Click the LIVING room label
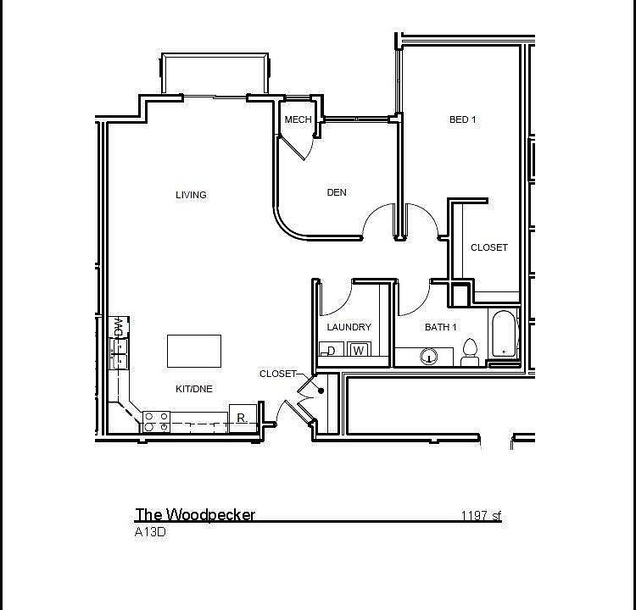(x=191, y=195)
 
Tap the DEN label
(x=337, y=192)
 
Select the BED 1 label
(x=462, y=119)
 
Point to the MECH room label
(x=298, y=119)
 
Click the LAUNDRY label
(x=349, y=327)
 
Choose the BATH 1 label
(x=441, y=327)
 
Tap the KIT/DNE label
(x=194, y=389)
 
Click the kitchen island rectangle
(x=194, y=351)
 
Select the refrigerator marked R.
(x=243, y=418)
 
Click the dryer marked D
(x=332, y=351)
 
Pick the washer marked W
(x=358, y=351)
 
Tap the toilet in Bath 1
(x=471, y=352)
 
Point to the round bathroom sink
(x=430, y=357)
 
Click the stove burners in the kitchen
(x=155, y=421)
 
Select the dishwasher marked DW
(x=119, y=326)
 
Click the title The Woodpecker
(x=195, y=514)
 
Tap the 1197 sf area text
(x=481, y=515)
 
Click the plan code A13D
(x=149, y=533)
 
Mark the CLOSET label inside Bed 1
(x=489, y=247)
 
